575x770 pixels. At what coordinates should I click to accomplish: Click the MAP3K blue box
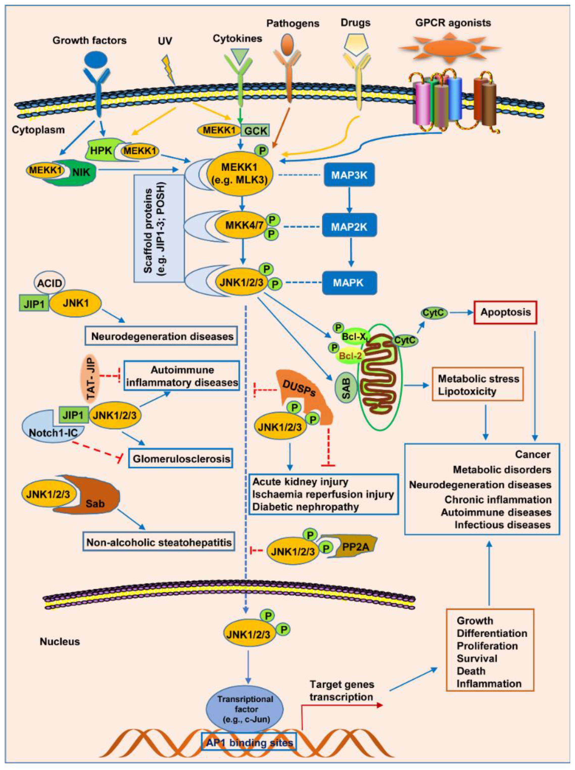[x=349, y=175]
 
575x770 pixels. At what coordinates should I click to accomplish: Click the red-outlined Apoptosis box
[x=505, y=312]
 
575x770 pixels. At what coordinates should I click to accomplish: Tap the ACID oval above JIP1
[x=50, y=283]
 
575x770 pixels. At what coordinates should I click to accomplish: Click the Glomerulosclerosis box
[x=181, y=458]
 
